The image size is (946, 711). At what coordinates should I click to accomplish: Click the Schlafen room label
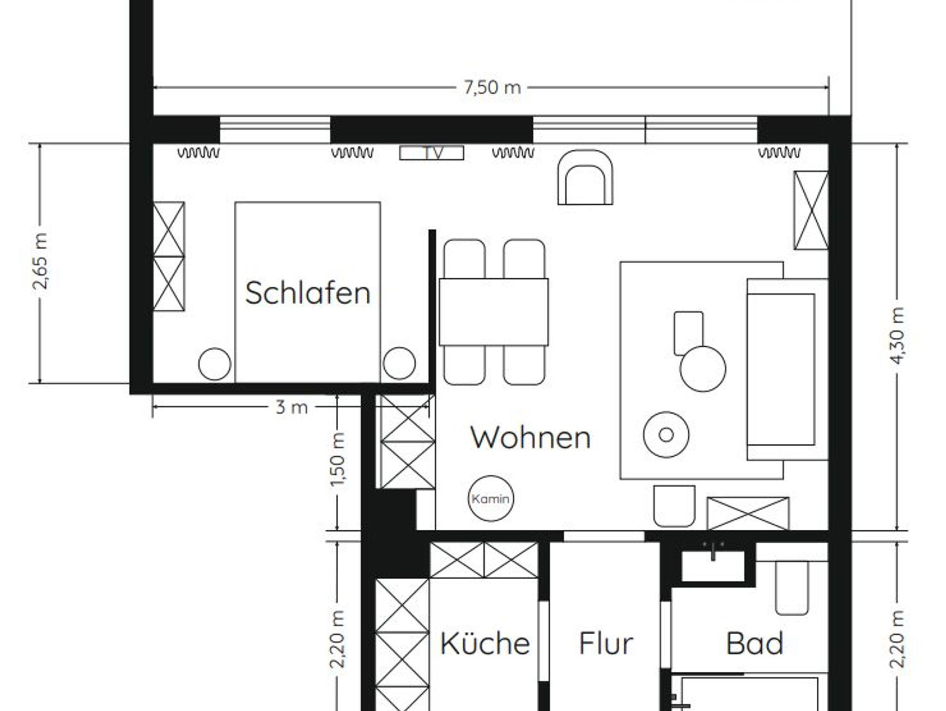tap(308, 293)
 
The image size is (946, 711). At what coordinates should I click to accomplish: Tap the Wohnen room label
tap(530, 437)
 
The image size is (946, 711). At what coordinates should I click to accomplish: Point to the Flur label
tap(606, 643)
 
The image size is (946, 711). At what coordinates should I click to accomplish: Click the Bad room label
tap(754, 643)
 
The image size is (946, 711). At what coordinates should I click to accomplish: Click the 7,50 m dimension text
tap(492, 87)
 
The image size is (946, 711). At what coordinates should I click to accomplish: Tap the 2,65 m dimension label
tap(41, 261)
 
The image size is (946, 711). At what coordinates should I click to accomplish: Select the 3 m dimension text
tap(291, 407)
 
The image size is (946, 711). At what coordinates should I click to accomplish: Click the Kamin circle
tap(491, 498)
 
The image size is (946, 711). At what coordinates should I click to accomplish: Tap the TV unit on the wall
tap(431, 153)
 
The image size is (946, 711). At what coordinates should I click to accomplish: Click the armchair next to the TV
tap(585, 177)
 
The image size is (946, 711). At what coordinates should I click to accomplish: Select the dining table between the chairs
tap(493, 312)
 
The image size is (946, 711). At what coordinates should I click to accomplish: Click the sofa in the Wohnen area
tap(787, 369)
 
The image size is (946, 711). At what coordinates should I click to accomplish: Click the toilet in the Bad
tap(792, 588)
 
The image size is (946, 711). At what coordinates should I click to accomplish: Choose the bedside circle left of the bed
tap(214, 364)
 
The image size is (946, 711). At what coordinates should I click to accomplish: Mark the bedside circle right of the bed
tap(399, 363)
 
